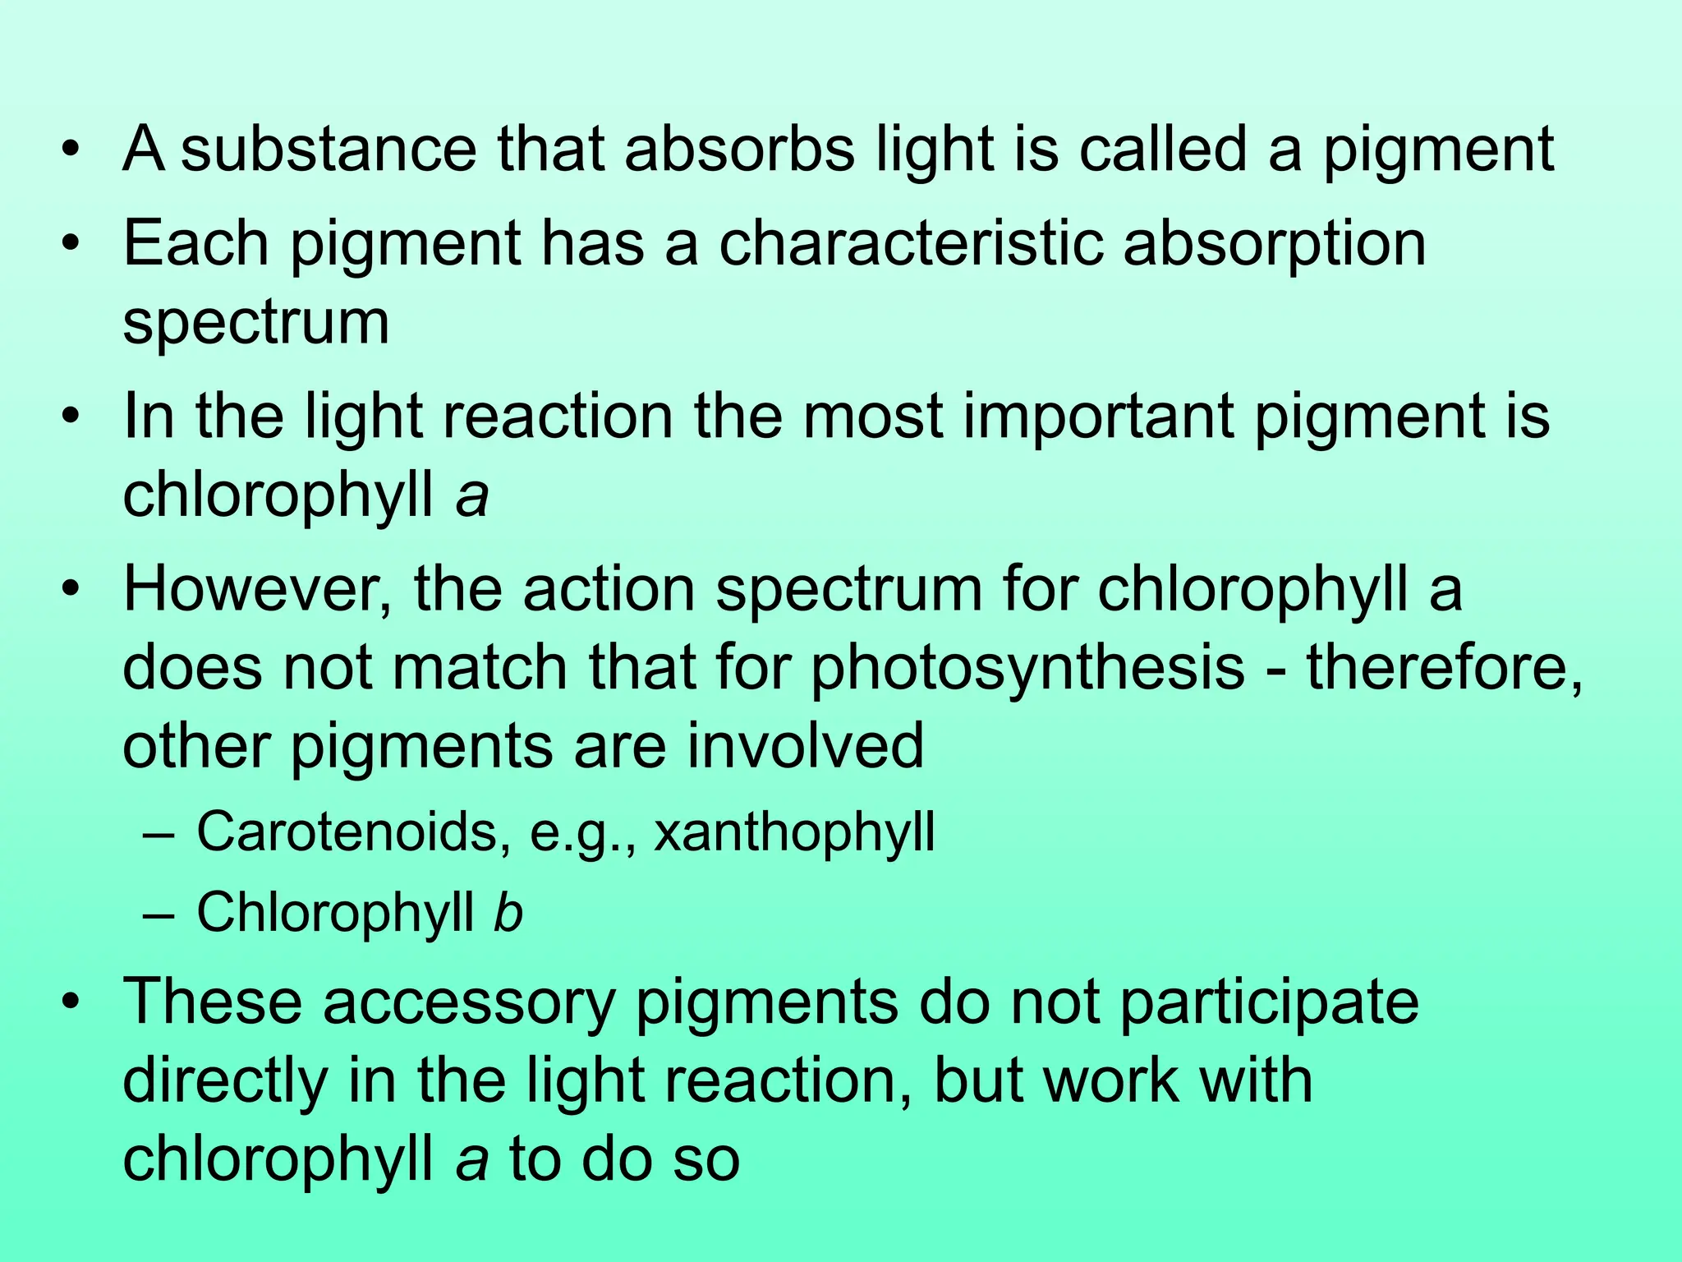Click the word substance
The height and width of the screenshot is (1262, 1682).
click(x=328, y=150)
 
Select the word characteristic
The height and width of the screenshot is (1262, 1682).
click(x=910, y=244)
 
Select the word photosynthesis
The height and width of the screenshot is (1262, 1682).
click(x=1027, y=669)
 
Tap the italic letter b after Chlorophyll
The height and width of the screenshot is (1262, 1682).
click(x=508, y=912)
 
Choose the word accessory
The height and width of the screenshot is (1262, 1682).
click(x=469, y=1004)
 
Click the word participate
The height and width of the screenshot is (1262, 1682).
click(x=1269, y=1004)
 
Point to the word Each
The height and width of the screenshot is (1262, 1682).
click(x=195, y=244)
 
